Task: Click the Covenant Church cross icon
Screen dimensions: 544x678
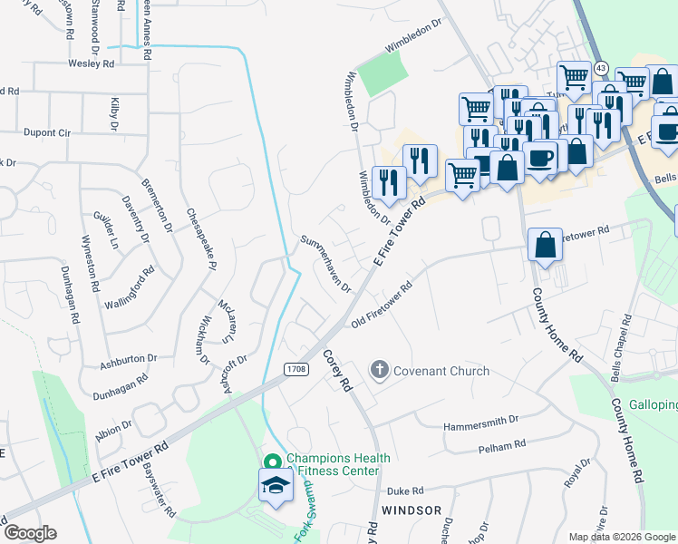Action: click(379, 370)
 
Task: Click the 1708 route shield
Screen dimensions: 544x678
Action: click(294, 369)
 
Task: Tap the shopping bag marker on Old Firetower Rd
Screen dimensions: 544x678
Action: click(544, 246)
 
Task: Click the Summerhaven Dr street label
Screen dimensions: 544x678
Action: click(325, 263)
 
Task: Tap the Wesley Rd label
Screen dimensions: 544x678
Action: click(91, 64)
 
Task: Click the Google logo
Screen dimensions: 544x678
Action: click(30, 532)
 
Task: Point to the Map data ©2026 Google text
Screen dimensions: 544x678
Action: click(622, 537)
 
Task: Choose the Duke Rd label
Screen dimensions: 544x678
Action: click(405, 491)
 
